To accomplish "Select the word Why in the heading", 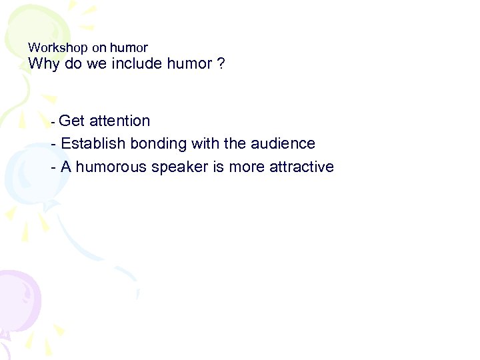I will coord(43,65).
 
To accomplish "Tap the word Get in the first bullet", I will coord(71,121).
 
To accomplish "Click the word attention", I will coord(119,121).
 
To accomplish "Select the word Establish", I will coord(94,143).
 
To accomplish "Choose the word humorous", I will coord(111,167).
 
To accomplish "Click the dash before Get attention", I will coord(53,123).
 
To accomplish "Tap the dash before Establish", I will coord(53,144).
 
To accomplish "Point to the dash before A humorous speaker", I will coord(53,167).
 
